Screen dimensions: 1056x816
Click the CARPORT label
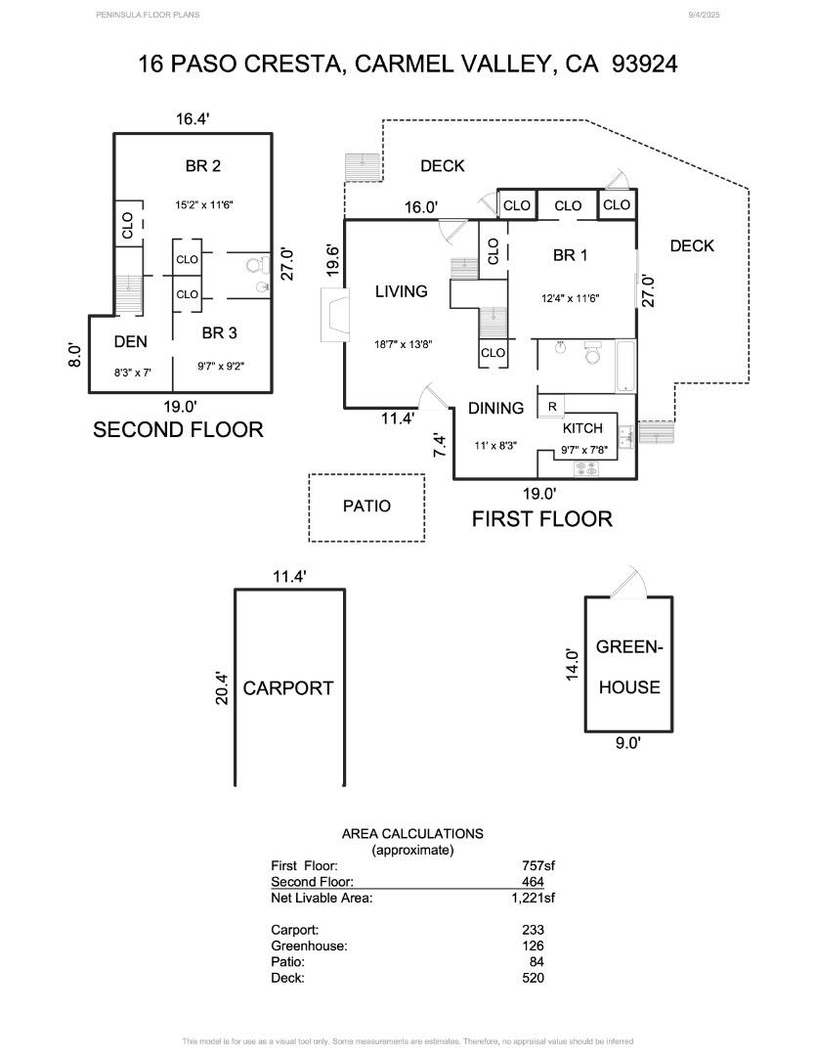point(288,688)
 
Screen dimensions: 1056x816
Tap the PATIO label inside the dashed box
point(366,506)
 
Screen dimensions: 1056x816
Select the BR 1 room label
point(570,256)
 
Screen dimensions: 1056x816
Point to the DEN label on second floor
point(130,342)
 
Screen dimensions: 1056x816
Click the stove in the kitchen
point(585,469)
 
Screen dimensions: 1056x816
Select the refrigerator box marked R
point(552,407)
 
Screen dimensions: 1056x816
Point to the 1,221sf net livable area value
point(533,898)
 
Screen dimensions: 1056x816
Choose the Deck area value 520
point(533,978)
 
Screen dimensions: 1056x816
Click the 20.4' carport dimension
point(222,688)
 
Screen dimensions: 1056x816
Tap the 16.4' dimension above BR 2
point(193,119)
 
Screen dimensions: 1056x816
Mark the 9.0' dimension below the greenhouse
point(627,743)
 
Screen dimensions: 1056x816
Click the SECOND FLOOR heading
point(178,429)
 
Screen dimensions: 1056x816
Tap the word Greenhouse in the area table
point(309,946)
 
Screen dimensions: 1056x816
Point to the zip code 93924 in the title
point(645,65)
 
